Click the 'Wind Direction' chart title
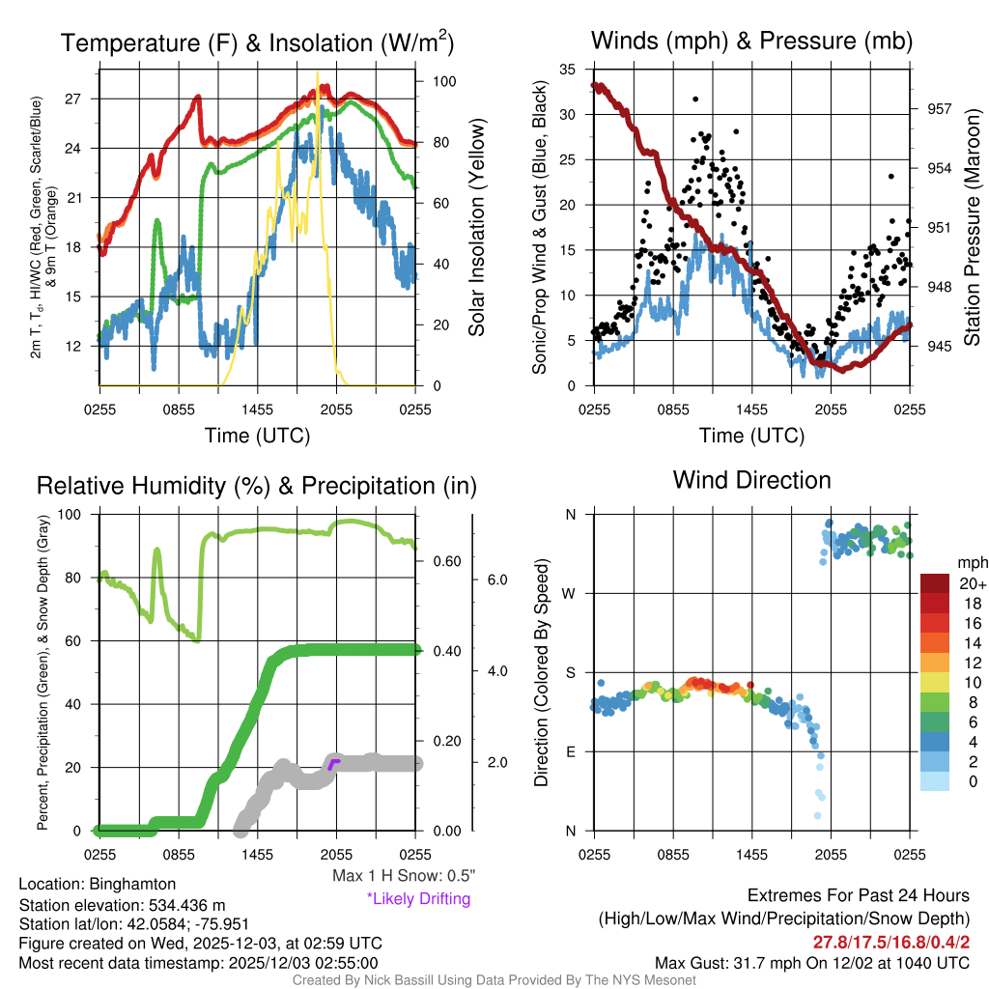[x=751, y=480]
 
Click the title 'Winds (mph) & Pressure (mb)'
[x=751, y=41]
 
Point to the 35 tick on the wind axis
[x=568, y=69]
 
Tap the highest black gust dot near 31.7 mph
[x=694, y=99]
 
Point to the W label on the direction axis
[x=570, y=593]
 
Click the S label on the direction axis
[x=571, y=672]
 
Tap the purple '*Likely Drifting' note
[x=419, y=899]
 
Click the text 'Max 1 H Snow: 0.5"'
[x=403, y=876]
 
